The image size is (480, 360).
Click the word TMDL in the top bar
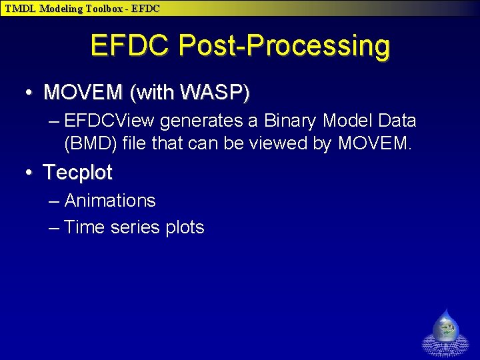point(20,9)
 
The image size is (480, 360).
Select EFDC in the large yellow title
point(131,46)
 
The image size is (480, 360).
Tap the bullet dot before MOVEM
point(29,93)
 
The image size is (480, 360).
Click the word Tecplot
point(78,173)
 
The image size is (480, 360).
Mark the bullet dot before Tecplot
point(29,173)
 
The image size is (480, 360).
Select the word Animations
point(110,201)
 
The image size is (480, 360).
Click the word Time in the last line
point(85,227)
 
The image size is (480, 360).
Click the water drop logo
point(446,329)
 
